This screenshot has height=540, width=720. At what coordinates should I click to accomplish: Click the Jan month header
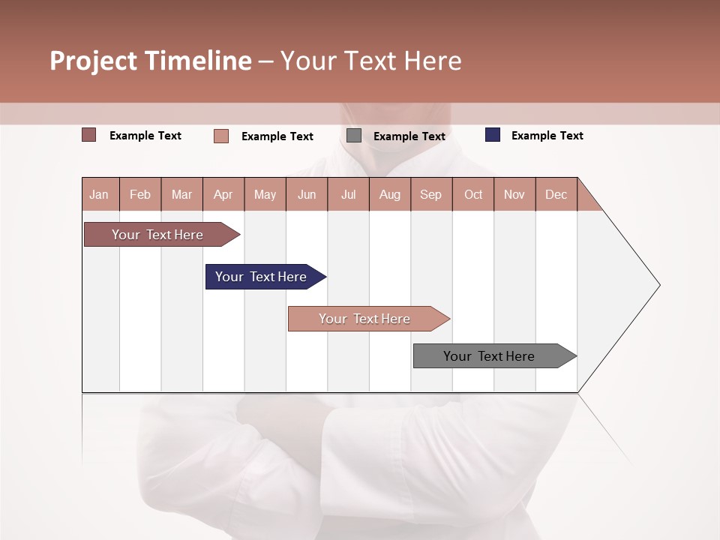(x=99, y=194)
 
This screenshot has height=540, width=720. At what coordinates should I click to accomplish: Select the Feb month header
(x=140, y=194)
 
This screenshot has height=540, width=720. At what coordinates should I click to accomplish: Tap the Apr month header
(x=223, y=194)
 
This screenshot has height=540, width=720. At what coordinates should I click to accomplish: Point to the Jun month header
(x=307, y=194)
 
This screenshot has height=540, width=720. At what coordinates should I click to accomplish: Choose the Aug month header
(x=389, y=194)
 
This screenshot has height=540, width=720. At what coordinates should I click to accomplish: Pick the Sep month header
(x=430, y=194)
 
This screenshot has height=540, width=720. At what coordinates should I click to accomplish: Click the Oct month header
(x=473, y=194)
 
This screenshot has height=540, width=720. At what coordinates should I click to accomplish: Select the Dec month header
(x=556, y=194)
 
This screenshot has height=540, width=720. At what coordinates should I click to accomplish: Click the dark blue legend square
(x=493, y=135)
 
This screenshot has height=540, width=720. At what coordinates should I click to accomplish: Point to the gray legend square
(x=354, y=136)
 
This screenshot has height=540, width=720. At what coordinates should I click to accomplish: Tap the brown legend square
(x=88, y=135)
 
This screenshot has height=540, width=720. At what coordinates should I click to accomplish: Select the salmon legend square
(x=221, y=136)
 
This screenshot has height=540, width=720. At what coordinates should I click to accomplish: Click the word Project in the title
(x=94, y=61)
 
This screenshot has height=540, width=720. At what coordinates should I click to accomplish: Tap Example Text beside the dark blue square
(x=547, y=136)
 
